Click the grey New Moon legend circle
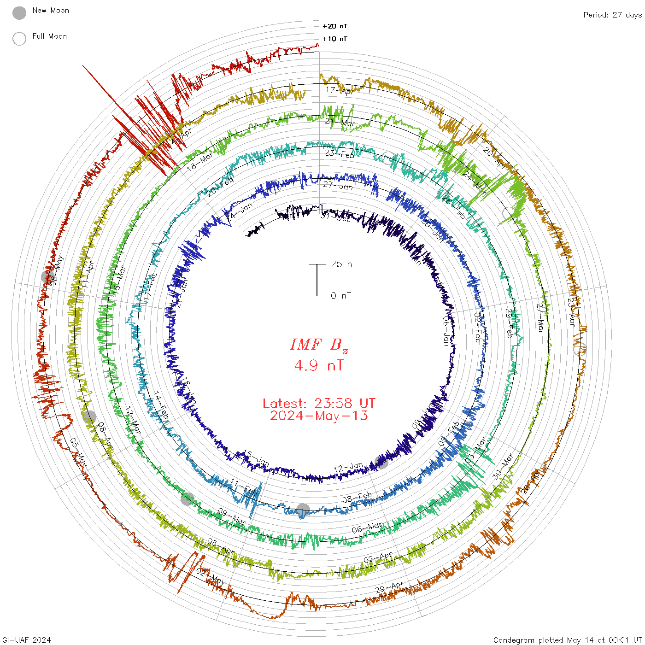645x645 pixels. click(x=19, y=13)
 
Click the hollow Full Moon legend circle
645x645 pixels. click(x=19, y=39)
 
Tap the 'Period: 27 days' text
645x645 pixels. click(x=612, y=15)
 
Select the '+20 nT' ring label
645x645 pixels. click(x=335, y=26)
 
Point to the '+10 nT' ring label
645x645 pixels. click(x=335, y=39)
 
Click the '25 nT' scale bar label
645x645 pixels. click(x=344, y=264)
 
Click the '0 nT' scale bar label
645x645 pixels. click(x=341, y=296)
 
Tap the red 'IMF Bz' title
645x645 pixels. click(x=319, y=345)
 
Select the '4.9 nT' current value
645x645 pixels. click(x=319, y=366)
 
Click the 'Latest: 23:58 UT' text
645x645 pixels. click(x=319, y=404)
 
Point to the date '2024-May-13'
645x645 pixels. click(x=319, y=416)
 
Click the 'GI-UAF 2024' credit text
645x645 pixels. click(x=26, y=640)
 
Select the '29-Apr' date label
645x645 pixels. click(x=389, y=587)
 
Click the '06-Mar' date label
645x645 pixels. click(x=367, y=528)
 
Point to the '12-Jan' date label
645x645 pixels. click(x=348, y=468)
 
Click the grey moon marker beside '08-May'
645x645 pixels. click(x=47, y=277)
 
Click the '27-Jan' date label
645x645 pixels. click(x=338, y=186)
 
